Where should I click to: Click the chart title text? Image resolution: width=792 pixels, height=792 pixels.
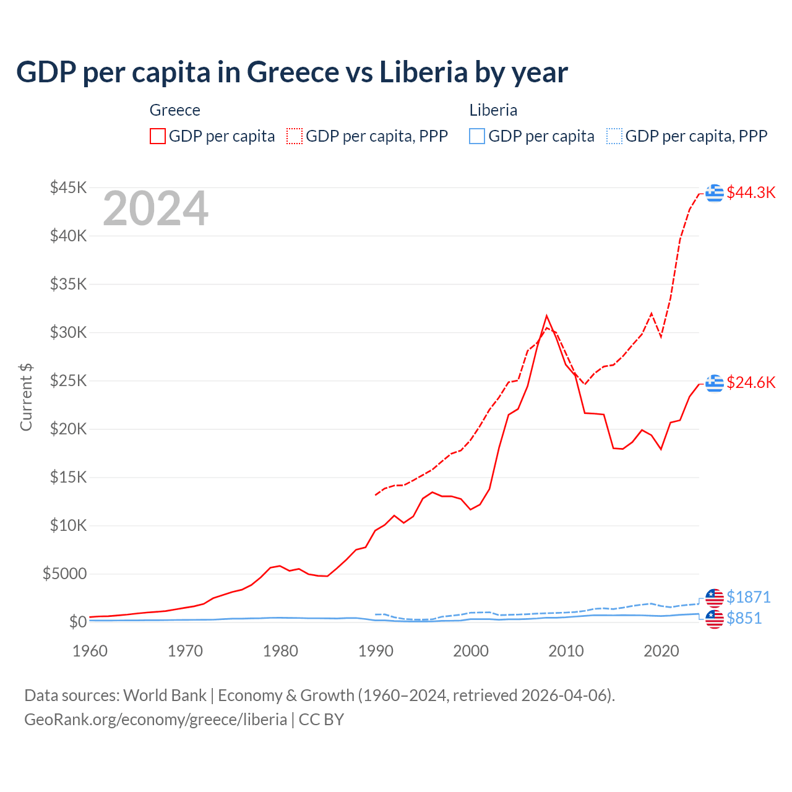(x=291, y=72)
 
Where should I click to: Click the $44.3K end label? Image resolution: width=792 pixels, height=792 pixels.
(x=751, y=192)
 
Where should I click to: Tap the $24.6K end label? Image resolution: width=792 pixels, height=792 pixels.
(x=751, y=382)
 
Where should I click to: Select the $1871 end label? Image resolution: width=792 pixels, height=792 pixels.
(x=748, y=597)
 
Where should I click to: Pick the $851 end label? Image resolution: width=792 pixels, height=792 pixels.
(x=744, y=618)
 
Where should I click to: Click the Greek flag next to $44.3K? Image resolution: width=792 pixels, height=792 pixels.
(x=715, y=193)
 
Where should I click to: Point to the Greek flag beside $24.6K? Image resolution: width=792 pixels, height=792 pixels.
(x=715, y=383)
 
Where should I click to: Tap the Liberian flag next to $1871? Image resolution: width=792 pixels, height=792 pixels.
(x=715, y=598)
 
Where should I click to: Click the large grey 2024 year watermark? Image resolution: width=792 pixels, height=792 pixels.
(x=155, y=209)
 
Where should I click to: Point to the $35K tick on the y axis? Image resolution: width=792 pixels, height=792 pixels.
(x=68, y=284)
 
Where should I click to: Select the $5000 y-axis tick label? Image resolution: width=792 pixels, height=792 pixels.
(x=64, y=574)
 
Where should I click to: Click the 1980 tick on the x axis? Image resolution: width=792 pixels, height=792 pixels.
(x=280, y=651)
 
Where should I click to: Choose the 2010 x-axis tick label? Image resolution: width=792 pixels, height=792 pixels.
(x=566, y=651)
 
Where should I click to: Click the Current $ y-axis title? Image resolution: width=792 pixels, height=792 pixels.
(x=26, y=397)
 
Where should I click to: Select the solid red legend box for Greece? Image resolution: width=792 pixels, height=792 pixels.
(x=158, y=136)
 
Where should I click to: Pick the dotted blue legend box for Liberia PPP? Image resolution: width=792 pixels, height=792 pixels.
(x=614, y=136)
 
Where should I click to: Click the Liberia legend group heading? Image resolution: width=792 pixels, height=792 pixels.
(x=493, y=110)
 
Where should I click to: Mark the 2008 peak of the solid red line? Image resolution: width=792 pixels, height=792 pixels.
(x=546, y=316)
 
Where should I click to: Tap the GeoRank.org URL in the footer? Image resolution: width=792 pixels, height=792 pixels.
(x=155, y=720)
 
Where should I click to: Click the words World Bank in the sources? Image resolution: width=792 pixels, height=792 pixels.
(x=165, y=695)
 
